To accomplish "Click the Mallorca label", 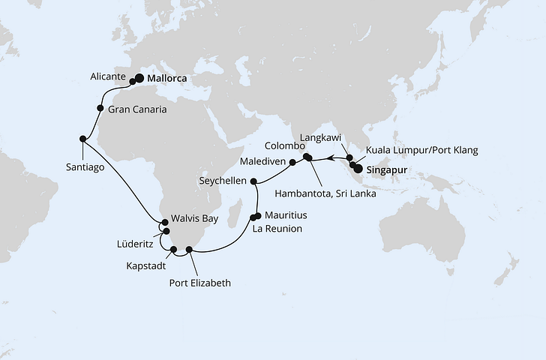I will click(x=166, y=77).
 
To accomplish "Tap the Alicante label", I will click(x=109, y=76).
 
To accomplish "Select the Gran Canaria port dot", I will click(x=100, y=108).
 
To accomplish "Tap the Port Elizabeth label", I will click(x=200, y=283).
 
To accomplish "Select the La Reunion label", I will click(x=277, y=228).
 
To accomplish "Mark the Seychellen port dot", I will click(x=253, y=181).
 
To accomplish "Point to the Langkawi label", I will click(x=320, y=138).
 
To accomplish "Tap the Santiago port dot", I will click(x=82, y=138).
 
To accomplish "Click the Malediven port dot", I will click(x=292, y=161).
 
